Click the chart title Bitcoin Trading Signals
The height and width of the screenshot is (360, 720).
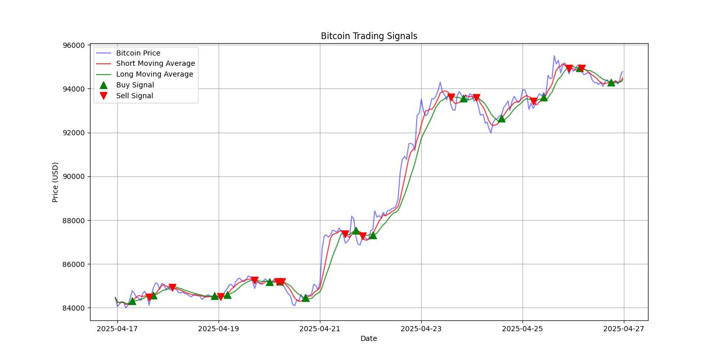point(369,36)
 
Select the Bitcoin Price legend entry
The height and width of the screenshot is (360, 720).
point(138,53)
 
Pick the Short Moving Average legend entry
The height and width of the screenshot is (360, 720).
point(155,64)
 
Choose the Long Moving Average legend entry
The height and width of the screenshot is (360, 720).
point(154,74)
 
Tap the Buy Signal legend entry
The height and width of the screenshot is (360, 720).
point(135,85)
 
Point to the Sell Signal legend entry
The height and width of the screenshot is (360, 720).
point(134,96)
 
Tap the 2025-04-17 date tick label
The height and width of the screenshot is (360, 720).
point(117,328)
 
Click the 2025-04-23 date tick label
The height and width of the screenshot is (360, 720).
point(421,328)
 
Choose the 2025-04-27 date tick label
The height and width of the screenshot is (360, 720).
point(624,328)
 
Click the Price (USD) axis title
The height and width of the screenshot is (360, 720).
point(56,182)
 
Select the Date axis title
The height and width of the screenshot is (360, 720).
point(369,338)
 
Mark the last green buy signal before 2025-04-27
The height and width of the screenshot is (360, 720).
point(611,82)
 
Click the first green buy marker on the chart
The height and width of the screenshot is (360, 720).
point(132,301)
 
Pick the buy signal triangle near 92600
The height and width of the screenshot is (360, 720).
point(501,119)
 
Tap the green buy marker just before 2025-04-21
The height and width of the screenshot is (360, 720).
point(305,298)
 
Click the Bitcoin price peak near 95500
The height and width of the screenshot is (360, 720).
point(554,56)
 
